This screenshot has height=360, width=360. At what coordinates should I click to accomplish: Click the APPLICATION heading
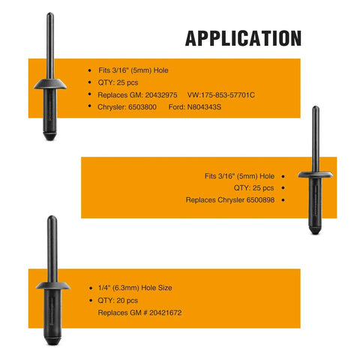tap(243, 38)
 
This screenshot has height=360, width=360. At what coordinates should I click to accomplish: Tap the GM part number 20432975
tap(161, 95)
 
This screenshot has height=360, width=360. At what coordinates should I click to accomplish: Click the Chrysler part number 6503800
tap(142, 107)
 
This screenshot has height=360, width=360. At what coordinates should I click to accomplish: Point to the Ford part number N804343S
tap(204, 107)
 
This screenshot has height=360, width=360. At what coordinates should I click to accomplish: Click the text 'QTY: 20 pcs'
tap(118, 300)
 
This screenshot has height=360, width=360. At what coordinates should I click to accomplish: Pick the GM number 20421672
tap(166, 313)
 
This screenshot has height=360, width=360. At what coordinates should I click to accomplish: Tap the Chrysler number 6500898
tap(260, 200)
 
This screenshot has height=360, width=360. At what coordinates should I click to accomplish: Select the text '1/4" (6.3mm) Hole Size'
tap(135, 288)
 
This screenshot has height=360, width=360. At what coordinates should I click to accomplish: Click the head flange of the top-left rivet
tap(50, 84)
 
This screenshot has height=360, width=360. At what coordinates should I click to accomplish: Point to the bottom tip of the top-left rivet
tap(50, 139)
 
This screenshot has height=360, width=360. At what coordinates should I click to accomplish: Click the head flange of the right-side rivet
tap(316, 175)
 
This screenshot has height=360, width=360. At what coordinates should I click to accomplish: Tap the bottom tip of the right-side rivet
tap(315, 234)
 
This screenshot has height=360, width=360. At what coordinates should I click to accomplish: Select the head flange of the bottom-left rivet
tap(52, 286)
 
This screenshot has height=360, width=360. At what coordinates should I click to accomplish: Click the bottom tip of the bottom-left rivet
tap(52, 344)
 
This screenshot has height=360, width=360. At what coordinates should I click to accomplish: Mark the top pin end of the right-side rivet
tap(316, 106)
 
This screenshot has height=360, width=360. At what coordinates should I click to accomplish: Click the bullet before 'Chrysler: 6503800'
tap(90, 106)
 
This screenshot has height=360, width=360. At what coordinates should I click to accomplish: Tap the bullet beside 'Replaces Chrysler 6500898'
tap(283, 200)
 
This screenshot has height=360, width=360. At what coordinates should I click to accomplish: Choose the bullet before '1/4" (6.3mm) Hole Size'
tap(91, 288)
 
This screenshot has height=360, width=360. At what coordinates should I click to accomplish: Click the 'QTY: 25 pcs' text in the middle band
tap(253, 188)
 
